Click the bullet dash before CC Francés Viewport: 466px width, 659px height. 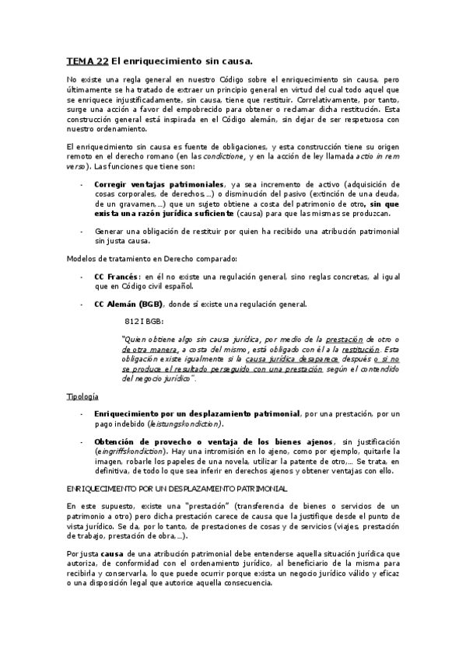(82, 277)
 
